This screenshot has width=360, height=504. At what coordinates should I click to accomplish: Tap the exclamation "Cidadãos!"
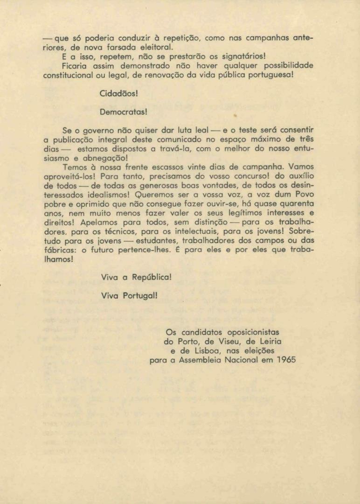(119, 94)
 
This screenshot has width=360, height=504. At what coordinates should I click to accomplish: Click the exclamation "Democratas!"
(124, 112)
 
